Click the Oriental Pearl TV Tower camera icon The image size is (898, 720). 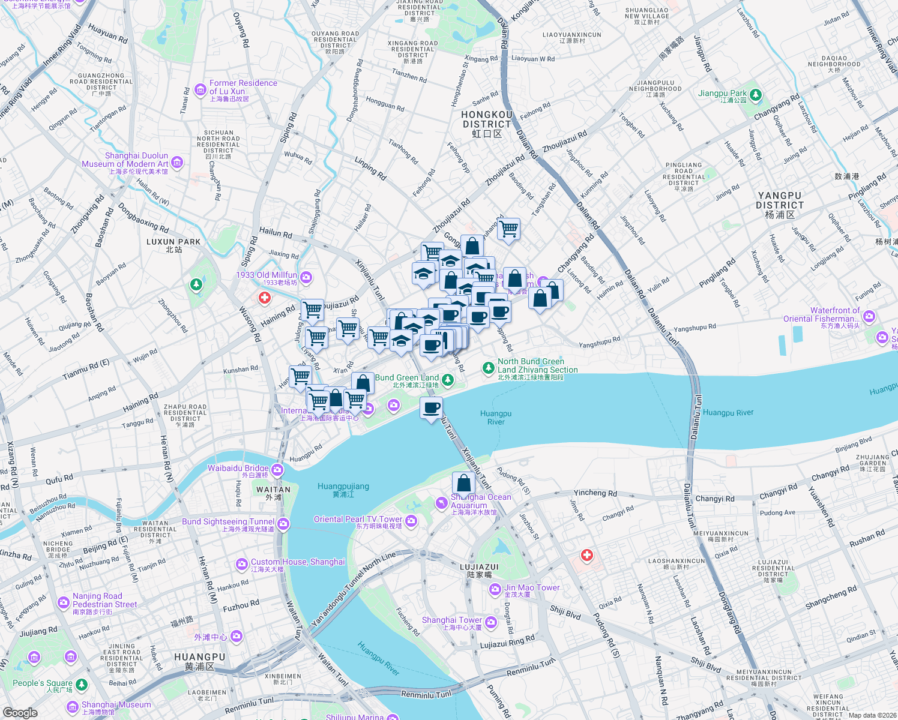[x=411, y=521]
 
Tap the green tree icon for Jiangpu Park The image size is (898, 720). [x=756, y=95]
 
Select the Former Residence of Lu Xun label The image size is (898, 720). [x=243, y=88]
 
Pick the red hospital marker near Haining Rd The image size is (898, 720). [x=265, y=298]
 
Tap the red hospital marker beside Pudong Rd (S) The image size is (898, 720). [x=587, y=555]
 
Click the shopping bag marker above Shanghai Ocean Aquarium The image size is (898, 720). [x=463, y=482]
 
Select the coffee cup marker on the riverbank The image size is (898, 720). [x=431, y=409]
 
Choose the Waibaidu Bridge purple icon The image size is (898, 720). [x=277, y=469]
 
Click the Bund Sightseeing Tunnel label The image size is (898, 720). [x=228, y=522]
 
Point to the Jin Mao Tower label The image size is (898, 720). [x=532, y=588]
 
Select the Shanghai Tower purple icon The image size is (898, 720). [x=491, y=622]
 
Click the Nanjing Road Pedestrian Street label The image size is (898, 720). [x=104, y=601]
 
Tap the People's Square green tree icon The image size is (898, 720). [x=82, y=684]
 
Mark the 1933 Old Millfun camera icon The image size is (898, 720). [x=306, y=277]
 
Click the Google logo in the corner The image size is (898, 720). [x=20, y=712]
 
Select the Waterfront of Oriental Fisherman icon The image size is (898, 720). [x=869, y=316]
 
